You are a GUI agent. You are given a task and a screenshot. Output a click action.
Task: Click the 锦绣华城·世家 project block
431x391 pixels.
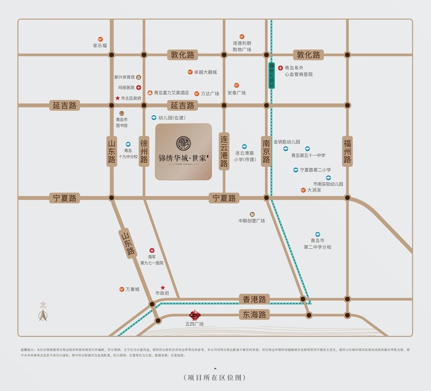tap(183, 151)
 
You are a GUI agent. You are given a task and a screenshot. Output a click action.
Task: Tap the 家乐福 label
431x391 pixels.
tap(100, 46)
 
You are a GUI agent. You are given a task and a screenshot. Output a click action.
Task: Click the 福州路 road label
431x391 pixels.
tap(347, 151)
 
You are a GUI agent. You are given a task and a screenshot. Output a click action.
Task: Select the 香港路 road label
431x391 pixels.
tap(254, 299)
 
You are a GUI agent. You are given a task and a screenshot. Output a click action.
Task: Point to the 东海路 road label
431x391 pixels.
tap(254, 315)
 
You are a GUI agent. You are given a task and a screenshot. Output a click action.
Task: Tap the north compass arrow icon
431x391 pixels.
tap(43, 314)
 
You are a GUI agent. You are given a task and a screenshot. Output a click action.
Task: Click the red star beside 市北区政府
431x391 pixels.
tap(117, 98)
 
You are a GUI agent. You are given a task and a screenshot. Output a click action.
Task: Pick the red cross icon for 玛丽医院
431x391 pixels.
tap(138, 87)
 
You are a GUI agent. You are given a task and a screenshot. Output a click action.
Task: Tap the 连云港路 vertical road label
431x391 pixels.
tap(223, 151)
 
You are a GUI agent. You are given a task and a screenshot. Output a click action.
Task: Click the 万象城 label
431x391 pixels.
tap(132, 289)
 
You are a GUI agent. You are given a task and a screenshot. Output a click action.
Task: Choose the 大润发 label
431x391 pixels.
tap(314, 190)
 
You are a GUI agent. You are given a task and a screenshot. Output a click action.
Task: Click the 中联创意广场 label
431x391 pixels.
tap(252, 220)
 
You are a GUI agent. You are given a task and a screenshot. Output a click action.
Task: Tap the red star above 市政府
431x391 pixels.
tap(163, 287)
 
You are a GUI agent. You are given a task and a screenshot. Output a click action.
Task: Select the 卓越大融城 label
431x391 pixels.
tap(205, 72)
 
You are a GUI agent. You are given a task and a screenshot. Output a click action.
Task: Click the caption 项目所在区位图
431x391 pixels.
tap(215, 378)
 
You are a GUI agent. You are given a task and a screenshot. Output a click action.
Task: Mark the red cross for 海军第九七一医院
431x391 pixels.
tap(152, 250)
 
